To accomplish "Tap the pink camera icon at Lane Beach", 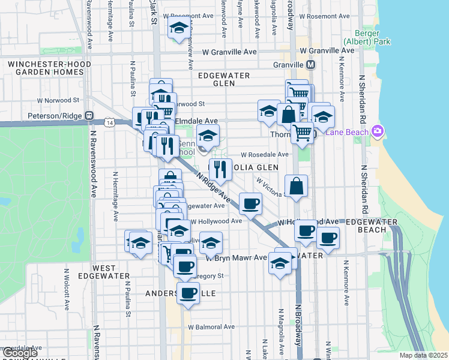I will click(x=378, y=131).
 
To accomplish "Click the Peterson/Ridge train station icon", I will click(x=89, y=115).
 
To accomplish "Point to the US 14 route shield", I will click(x=109, y=122).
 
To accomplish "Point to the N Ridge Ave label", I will click(x=214, y=187).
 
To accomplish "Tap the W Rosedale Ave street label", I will click(x=265, y=154).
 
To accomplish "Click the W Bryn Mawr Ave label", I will click(x=236, y=258).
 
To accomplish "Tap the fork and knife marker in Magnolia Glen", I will click(x=220, y=169).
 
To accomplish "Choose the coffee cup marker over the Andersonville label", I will click(x=188, y=293).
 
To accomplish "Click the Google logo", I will click(x=19, y=352).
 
